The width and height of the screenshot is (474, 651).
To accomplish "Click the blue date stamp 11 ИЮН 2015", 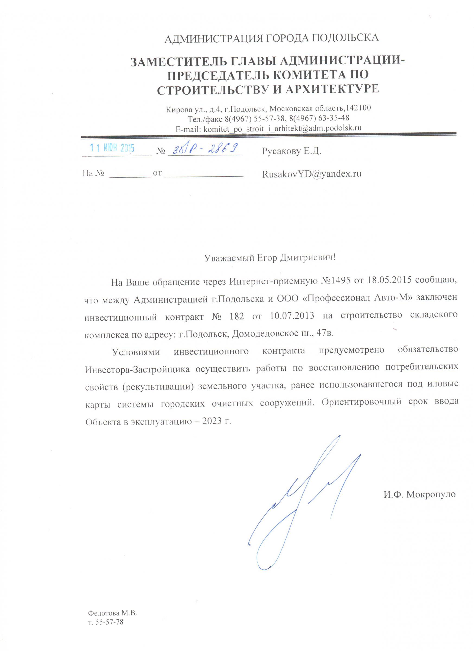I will (112, 148).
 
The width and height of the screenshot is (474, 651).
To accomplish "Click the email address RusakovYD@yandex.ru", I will (312, 174).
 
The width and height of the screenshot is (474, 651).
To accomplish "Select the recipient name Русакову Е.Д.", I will (292, 151).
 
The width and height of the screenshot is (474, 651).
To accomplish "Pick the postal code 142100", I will (359, 108).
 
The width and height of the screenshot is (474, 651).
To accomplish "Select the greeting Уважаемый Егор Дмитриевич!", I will (270, 258).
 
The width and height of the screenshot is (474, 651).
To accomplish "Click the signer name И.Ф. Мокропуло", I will (420, 494).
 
